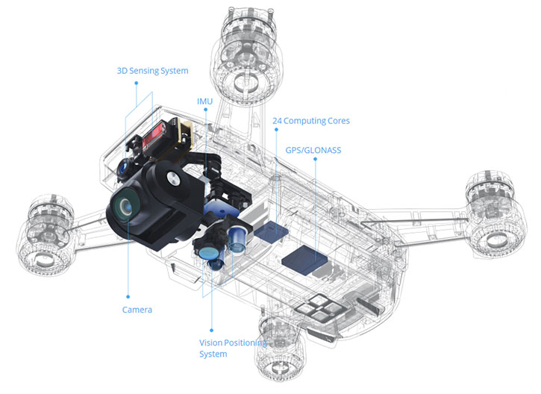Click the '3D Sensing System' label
pyautogui.click(x=152, y=71)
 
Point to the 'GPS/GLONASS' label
pyautogui.click(x=313, y=149)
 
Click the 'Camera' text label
pyautogui.click(x=137, y=310)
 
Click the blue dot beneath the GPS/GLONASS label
pyautogui.click(x=313, y=159)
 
